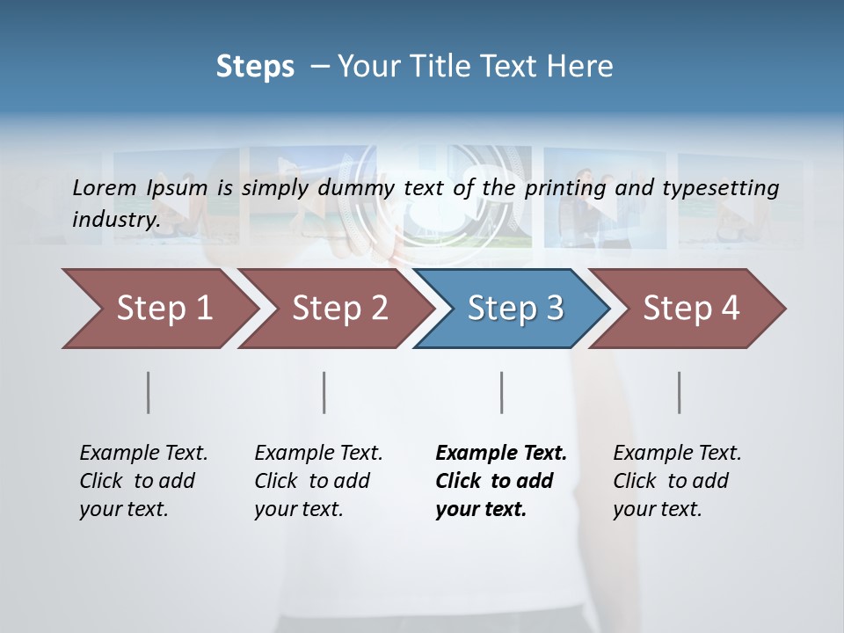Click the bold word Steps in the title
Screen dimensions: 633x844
(255, 67)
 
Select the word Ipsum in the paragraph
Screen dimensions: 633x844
(178, 188)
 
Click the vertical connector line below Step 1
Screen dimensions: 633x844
(149, 392)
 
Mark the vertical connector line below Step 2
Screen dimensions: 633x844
(324, 392)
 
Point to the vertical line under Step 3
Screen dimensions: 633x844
(502, 392)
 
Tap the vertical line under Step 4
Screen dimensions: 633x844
(680, 392)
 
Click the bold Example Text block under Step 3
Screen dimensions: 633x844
(501, 481)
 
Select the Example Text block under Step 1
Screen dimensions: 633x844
(143, 481)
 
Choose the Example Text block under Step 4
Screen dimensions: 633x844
(677, 481)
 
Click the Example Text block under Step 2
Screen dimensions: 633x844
(318, 481)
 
